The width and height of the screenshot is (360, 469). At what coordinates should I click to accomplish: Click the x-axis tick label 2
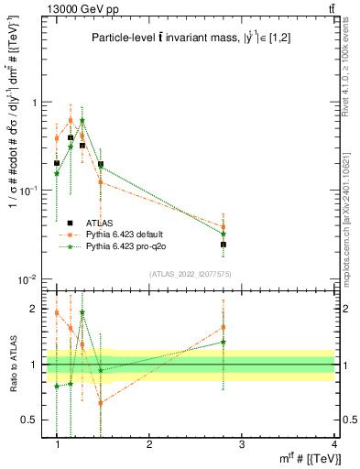(x=149, y=443)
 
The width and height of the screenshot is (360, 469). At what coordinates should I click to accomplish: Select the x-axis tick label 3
(x=242, y=443)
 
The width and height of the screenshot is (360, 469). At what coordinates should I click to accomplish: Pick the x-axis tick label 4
(x=334, y=443)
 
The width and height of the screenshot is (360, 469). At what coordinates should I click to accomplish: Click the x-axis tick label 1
(x=57, y=443)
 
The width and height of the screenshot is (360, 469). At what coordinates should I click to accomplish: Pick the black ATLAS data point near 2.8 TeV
(x=224, y=245)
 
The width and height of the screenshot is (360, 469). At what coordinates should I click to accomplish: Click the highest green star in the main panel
(x=82, y=120)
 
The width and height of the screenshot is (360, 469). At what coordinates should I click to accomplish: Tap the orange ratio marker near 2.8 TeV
(x=224, y=327)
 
